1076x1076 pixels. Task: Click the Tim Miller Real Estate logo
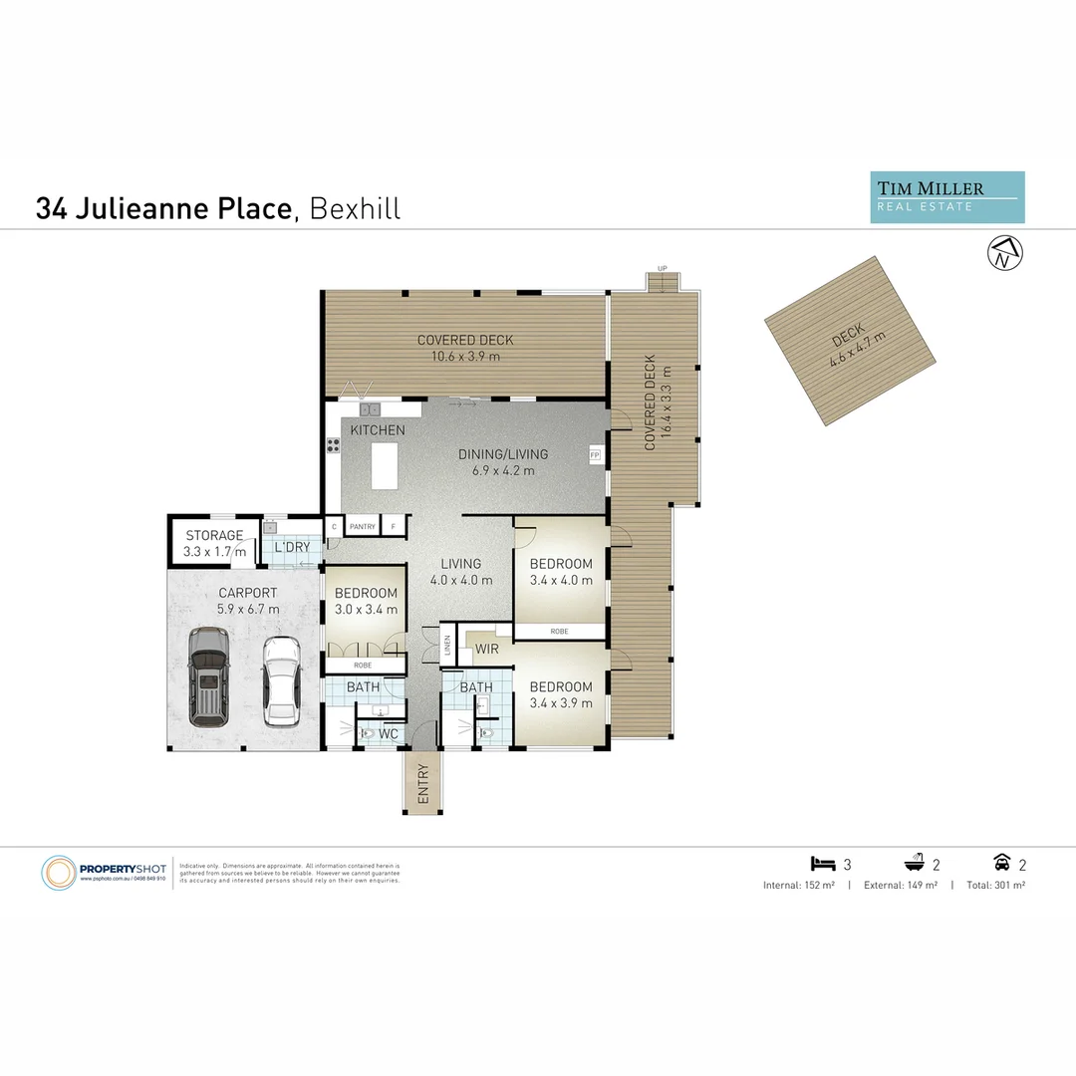pyautogui.click(x=946, y=197)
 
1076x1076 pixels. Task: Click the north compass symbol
pyautogui.click(x=1002, y=254)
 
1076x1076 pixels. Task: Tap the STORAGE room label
pyautogui.click(x=214, y=536)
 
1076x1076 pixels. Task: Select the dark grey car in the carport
pyautogui.click(x=209, y=674)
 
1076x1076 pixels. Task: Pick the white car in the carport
pyautogui.click(x=282, y=679)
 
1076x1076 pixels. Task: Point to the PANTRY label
pyautogui.click(x=362, y=527)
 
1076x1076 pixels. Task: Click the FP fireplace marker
pyautogui.click(x=595, y=455)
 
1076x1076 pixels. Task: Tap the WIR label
pyautogui.click(x=486, y=650)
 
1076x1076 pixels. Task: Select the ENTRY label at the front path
pyautogui.click(x=422, y=782)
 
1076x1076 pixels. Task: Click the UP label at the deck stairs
pyautogui.click(x=662, y=269)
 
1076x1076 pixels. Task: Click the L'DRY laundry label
pyautogui.click(x=291, y=547)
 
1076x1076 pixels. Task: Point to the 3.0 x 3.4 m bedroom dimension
pyautogui.click(x=366, y=610)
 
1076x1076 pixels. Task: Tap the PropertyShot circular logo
pyautogui.click(x=59, y=873)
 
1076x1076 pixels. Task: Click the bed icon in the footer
pyautogui.click(x=823, y=864)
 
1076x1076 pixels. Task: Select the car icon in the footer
pyautogui.click(x=1002, y=864)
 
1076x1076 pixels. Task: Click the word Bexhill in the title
pyautogui.click(x=355, y=209)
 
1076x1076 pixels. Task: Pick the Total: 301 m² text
pyautogui.click(x=995, y=885)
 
